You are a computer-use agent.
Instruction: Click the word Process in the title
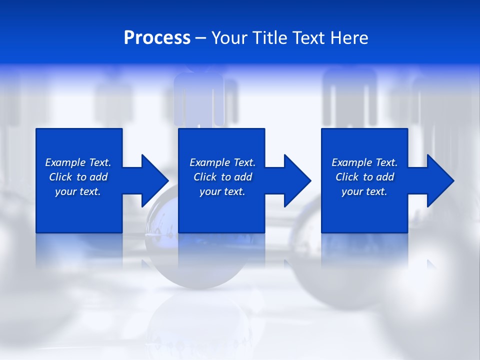coord(157,38)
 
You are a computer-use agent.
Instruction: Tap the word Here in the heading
coord(349,38)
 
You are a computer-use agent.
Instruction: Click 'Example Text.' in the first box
coord(78,162)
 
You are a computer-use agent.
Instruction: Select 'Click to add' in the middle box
coord(222,177)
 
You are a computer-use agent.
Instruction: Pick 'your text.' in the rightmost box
coord(364,191)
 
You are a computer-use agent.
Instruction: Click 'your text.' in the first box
coord(78,191)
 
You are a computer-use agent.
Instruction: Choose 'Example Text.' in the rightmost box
coord(364,162)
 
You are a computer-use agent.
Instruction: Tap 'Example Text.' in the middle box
coord(222,162)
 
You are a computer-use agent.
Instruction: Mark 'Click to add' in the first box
coord(78,177)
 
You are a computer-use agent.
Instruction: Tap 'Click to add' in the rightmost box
coord(364,177)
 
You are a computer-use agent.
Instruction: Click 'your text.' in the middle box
coord(222,191)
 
